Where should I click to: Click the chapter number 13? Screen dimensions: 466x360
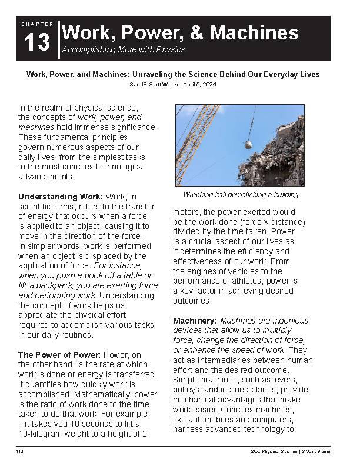click(37, 43)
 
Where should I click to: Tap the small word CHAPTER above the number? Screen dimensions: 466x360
click(37, 24)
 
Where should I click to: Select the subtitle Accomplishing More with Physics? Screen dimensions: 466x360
click(123, 49)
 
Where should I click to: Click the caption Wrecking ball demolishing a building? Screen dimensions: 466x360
click(242, 194)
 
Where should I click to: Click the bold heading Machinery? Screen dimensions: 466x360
click(195, 321)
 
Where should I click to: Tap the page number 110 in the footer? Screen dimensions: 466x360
click(20, 451)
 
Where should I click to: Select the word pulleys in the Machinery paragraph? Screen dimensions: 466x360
click(188, 390)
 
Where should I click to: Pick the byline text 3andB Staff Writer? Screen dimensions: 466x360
click(154, 85)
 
